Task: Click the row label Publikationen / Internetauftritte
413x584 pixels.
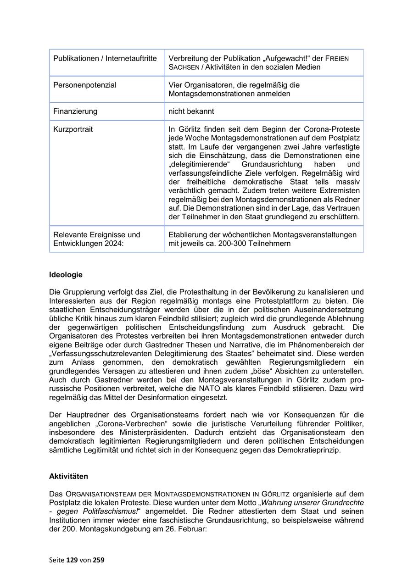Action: [105, 58]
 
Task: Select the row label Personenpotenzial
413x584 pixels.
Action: [85, 85]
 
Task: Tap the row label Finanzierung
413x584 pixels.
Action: [75, 111]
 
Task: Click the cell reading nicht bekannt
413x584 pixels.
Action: [191, 111]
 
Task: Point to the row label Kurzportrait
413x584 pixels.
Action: [73, 129]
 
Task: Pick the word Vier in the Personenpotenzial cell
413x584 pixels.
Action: [176, 85]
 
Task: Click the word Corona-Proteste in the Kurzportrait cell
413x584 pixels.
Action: [334, 129]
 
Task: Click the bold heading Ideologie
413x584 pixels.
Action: [66, 275]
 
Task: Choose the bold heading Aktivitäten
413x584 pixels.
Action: [68, 476]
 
